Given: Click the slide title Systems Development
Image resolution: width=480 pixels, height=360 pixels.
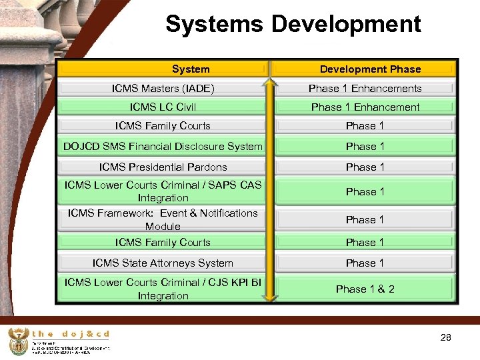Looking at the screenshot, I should tap(293, 25).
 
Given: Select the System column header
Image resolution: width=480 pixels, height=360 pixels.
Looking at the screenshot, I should tap(191, 69).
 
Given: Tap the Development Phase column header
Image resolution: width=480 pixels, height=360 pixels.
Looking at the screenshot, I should tap(370, 69).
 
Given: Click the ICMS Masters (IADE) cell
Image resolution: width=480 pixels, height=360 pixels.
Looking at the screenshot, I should tap(163, 88).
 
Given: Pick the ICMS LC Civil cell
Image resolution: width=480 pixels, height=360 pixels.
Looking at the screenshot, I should tap(163, 107).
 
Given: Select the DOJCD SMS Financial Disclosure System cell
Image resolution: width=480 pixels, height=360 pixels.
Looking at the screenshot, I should tap(163, 146).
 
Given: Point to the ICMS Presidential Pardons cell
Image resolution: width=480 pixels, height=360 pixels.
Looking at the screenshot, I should tap(163, 167).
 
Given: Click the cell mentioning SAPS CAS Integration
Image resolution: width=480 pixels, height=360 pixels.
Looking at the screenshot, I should tap(163, 191).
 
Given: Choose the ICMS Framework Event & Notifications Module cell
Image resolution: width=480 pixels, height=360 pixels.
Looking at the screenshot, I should tap(163, 219).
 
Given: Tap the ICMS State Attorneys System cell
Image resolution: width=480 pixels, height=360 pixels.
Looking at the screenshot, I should tap(163, 263).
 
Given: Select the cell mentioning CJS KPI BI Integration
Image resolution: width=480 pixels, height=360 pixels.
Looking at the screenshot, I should tap(163, 289).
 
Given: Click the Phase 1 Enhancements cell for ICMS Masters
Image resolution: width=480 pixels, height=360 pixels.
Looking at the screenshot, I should tap(365, 88).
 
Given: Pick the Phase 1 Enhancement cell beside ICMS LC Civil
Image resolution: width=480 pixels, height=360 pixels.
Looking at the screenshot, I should tap(365, 107).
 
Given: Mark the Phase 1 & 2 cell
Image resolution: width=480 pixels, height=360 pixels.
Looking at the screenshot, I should tap(365, 289).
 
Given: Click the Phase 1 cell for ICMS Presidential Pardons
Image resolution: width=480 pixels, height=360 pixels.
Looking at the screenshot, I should tap(365, 167).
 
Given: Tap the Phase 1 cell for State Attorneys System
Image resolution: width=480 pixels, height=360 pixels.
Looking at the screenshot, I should tap(365, 263).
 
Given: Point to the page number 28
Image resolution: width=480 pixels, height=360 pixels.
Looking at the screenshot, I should tap(446, 338).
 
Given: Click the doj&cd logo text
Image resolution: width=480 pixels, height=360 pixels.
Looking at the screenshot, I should tap(71, 334).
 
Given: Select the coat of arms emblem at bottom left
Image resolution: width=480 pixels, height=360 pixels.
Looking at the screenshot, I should tap(18, 342).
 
